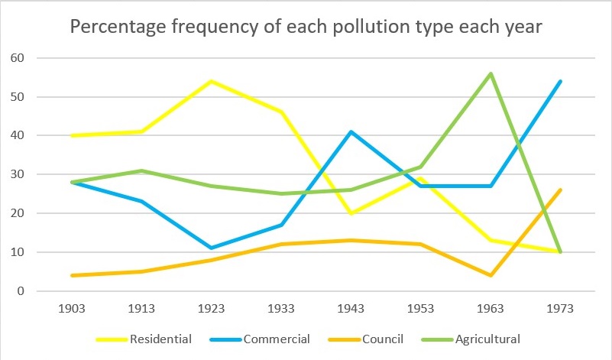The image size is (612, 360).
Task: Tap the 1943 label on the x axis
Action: pos(350,309)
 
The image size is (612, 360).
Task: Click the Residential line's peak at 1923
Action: pos(212,81)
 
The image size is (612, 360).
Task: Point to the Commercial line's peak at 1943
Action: pos(350,131)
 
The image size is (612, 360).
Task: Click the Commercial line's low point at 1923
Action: pos(212,248)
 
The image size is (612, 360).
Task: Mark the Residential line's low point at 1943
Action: pos(350,213)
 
